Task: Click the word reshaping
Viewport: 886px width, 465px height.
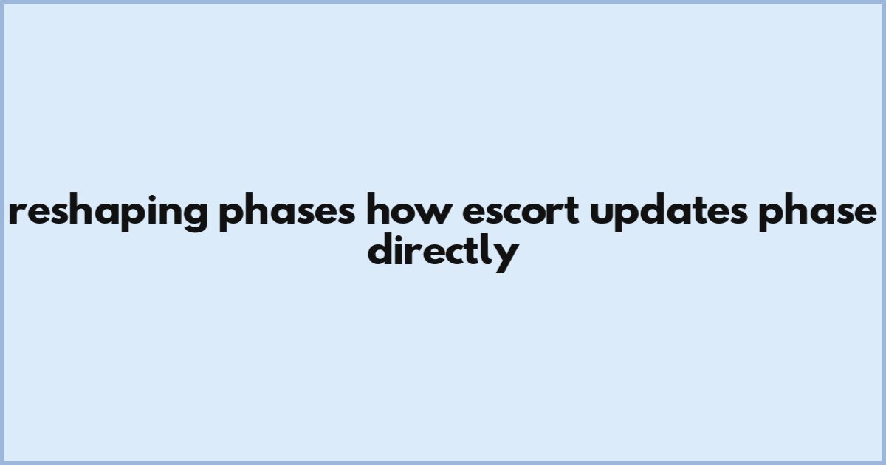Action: click(108, 213)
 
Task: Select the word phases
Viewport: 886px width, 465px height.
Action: click(287, 213)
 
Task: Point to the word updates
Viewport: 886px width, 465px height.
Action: click(668, 213)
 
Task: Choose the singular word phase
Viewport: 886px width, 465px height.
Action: click(817, 213)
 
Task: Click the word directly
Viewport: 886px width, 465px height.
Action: click(443, 252)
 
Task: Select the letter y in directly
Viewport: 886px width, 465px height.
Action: click(506, 257)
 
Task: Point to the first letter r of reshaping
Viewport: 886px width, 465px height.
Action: click(16, 213)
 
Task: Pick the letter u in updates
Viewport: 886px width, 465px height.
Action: click(602, 213)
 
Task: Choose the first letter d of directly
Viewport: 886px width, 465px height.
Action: click(381, 249)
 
